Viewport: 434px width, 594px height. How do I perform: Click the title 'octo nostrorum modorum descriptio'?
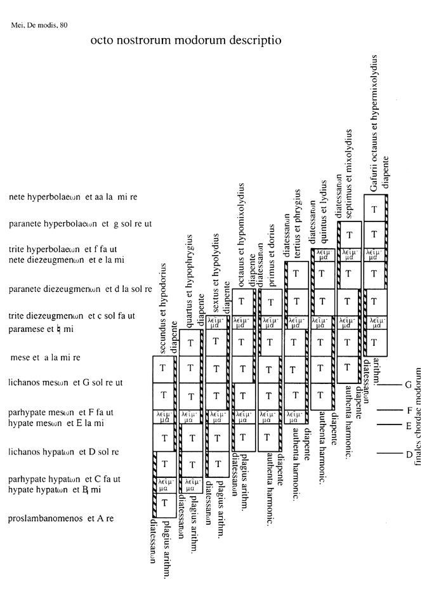(x=185, y=41)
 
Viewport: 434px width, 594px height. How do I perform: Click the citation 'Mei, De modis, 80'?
(x=39, y=25)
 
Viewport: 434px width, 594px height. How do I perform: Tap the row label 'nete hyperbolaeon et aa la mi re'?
(x=73, y=197)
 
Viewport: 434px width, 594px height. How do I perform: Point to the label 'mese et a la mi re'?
(x=46, y=357)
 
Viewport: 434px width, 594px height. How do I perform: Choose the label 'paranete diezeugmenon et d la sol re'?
(x=81, y=289)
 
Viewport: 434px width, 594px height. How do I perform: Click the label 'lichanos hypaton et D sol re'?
(x=64, y=452)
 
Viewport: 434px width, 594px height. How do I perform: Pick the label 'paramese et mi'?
(x=41, y=329)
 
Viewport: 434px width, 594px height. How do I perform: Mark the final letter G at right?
(x=409, y=384)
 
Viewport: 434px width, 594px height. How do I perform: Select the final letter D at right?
(x=409, y=454)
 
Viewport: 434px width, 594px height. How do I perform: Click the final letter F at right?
(x=410, y=410)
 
